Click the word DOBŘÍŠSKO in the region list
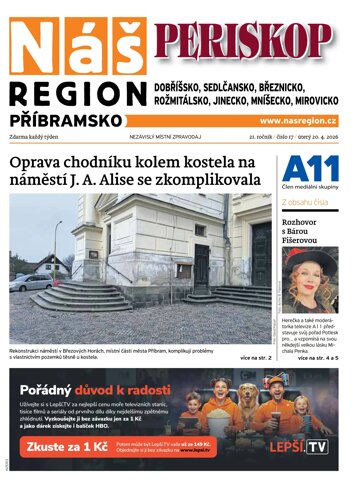point(185,86)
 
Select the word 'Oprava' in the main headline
point(37,162)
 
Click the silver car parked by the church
point(30,282)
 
